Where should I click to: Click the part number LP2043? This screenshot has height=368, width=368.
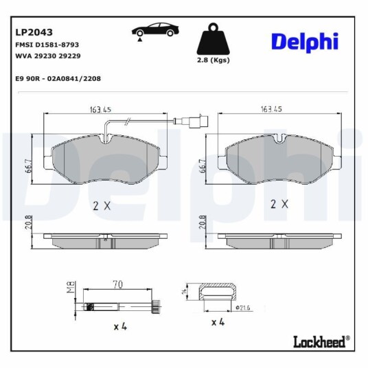[x=34, y=32]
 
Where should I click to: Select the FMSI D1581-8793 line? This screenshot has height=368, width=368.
[x=47, y=45]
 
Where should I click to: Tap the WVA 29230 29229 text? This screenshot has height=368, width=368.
[x=48, y=56]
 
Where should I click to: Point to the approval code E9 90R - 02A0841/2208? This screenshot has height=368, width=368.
[x=58, y=79]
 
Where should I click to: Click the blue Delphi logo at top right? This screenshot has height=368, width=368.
[x=305, y=42]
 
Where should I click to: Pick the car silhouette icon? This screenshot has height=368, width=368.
[x=155, y=31]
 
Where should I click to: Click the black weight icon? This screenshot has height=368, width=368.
[x=213, y=38]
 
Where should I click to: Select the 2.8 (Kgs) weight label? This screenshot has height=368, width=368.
[x=213, y=60]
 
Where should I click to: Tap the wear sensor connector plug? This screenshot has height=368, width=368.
[x=191, y=122]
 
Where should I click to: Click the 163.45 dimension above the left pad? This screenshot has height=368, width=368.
[x=100, y=110]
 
